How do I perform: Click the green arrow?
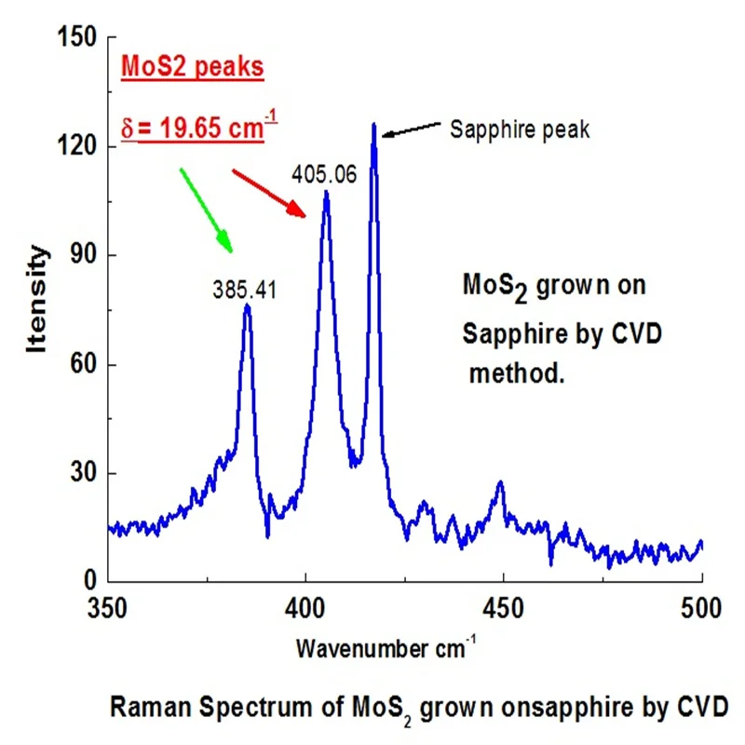coord(206,210)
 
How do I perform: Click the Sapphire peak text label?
coord(520,129)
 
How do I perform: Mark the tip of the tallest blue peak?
coord(373,123)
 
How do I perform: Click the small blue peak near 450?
coord(500,482)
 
